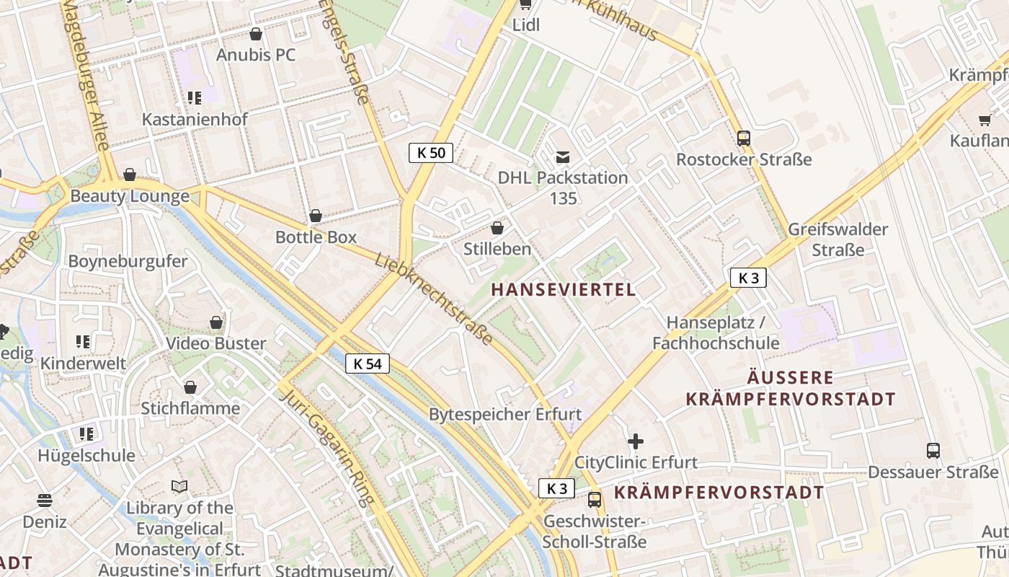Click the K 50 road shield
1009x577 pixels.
[431, 153]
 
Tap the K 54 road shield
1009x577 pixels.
[368, 364]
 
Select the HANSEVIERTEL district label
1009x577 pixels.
[563, 290]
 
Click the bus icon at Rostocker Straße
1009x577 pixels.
[743, 138]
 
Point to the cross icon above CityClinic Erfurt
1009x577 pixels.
[635, 441]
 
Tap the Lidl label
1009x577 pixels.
[525, 25]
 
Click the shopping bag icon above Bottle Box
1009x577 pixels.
[315, 216]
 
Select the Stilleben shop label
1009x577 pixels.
[497, 250]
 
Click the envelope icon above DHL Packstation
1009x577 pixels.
[562, 157]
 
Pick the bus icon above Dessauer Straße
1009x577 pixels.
[933, 451]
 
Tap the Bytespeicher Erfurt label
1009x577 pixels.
[504, 415]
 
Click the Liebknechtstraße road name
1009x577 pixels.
[434, 299]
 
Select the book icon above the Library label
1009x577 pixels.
[179, 487]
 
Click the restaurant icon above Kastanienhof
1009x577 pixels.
[194, 97]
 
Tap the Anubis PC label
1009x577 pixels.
[256, 56]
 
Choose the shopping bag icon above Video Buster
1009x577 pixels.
[216, 322]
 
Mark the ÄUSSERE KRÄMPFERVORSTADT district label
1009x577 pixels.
[791, 388]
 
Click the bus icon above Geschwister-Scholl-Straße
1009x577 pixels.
[595, 499]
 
